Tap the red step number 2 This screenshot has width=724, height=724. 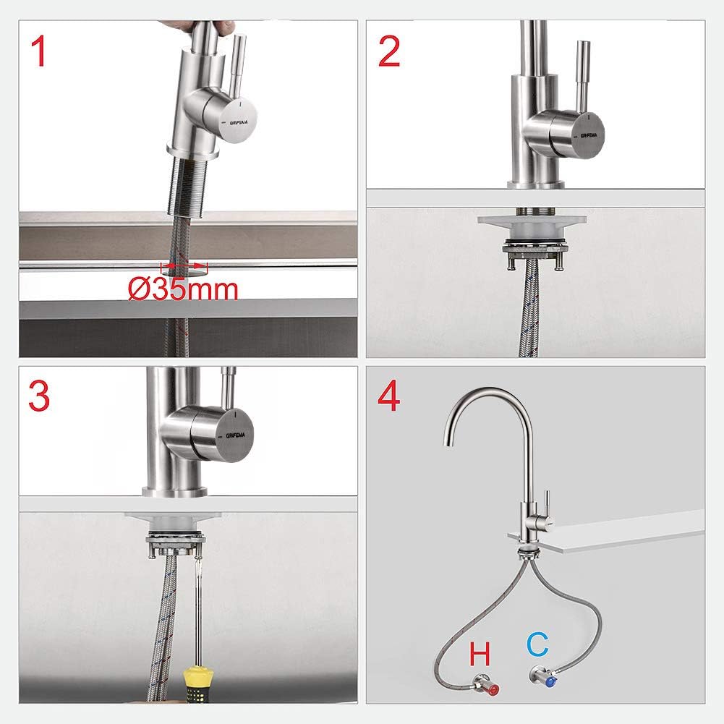[388, 52]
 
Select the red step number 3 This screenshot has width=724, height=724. [39, 397]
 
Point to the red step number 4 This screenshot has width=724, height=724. [388, 397]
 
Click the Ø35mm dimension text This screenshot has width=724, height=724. [184, 289]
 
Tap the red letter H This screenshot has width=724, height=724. [480, 655]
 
